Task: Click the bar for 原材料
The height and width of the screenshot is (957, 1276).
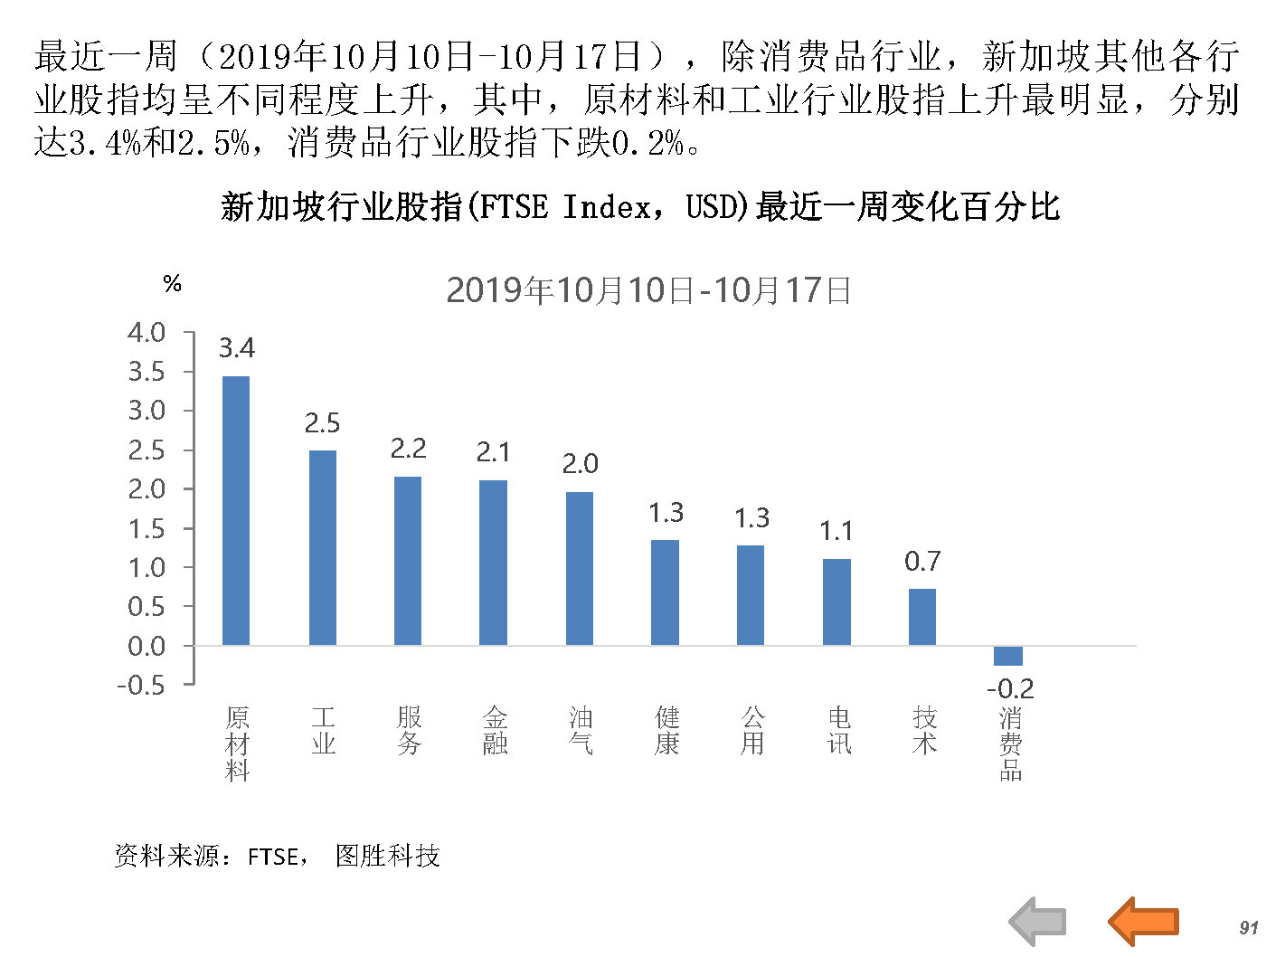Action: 236,510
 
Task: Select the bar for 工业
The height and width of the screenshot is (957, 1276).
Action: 322,547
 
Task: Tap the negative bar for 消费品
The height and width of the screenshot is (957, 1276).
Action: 1007,656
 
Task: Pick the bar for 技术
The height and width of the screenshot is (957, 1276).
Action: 922,617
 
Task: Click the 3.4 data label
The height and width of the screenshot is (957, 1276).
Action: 237,348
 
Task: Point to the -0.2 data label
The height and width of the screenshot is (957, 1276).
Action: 1009,688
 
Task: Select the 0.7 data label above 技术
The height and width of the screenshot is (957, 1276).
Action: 922,562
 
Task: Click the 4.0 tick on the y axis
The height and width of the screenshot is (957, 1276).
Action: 147,333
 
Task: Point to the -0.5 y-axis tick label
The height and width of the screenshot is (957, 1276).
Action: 141,685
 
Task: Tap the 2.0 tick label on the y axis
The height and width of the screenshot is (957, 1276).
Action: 147,489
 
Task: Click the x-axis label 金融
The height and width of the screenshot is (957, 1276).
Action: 495,731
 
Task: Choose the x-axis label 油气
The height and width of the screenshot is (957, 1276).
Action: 581,731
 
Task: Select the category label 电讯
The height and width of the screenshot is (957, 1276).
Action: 838,731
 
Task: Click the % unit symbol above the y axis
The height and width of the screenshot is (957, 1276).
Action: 172,284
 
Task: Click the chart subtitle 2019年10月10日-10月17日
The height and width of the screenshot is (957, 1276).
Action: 648,290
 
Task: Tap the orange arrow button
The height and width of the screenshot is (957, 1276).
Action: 1144,921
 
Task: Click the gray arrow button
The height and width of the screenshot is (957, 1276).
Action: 1038,922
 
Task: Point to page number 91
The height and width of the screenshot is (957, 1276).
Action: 1249,927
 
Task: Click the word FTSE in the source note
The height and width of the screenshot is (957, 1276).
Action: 273,856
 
